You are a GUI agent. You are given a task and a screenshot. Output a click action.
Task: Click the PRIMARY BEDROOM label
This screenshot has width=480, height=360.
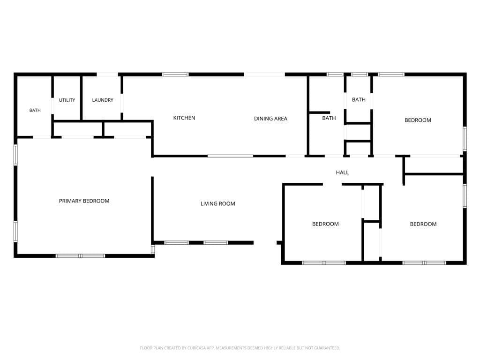click(84, 201)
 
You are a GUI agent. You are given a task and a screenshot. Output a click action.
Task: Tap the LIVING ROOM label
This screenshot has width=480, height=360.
click(217, 203)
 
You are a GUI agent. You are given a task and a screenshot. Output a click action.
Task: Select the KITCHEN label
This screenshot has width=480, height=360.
click(184, 118)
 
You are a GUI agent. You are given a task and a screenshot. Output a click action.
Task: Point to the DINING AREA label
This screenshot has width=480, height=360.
click(270, 119)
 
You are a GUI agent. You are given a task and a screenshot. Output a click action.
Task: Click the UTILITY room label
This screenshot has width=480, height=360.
click(67, 100)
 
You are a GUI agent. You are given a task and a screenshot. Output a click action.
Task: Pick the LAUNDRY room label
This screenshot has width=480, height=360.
click(103, 100)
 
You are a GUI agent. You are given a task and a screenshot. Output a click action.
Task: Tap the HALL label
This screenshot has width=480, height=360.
click(342, 172)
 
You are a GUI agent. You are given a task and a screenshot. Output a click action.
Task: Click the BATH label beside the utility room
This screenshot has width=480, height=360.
click(35, 110)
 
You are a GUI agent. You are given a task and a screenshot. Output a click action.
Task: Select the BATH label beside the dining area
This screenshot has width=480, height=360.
click(329, 118)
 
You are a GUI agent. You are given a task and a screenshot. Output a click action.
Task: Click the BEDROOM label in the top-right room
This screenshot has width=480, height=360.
click(418, 120)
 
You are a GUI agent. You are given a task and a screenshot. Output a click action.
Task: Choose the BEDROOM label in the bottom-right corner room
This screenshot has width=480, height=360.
click(423, 224)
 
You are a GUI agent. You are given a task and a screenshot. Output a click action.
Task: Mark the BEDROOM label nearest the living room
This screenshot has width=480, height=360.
click(325, 224)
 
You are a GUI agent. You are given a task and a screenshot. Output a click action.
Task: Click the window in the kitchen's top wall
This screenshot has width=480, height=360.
click(175, 75)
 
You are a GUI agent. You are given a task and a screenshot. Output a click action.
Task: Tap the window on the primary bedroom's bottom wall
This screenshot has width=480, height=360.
click(80, 255)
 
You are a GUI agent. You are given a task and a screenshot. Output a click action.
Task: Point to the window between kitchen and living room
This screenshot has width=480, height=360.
click(231, 156)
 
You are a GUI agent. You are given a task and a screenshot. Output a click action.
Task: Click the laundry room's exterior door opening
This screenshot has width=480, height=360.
click(107, 75)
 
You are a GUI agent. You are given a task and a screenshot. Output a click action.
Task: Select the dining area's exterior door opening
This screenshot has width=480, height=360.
click(264, 75)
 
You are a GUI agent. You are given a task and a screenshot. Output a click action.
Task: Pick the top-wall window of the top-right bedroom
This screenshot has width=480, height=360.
click(391, 75)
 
